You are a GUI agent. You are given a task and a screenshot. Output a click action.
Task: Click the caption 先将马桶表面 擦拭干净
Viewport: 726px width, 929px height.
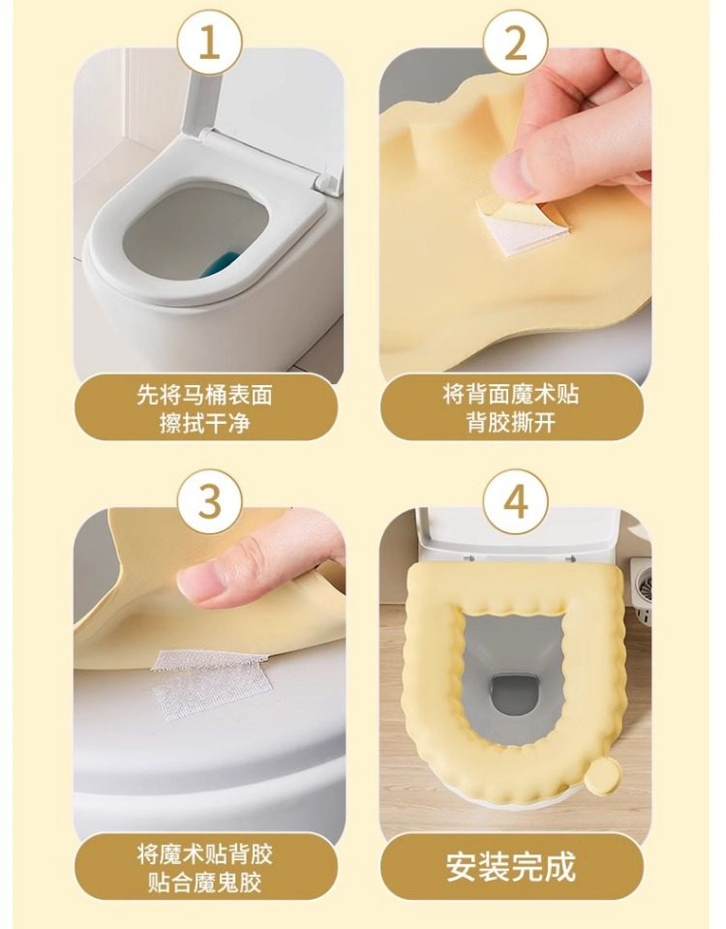pos(204,408)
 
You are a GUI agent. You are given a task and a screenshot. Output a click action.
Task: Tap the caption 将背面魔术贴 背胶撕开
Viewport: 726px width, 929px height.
pos(511,408)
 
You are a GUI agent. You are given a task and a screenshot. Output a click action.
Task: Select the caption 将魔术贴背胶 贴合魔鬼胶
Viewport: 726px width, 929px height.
pos(204,869)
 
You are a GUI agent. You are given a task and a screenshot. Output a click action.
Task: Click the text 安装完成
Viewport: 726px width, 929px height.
pos(511,867)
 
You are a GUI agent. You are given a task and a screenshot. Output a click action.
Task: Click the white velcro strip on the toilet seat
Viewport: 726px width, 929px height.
pos(210,684)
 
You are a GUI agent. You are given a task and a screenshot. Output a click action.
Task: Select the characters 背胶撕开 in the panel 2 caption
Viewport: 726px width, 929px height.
pos(511,423)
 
